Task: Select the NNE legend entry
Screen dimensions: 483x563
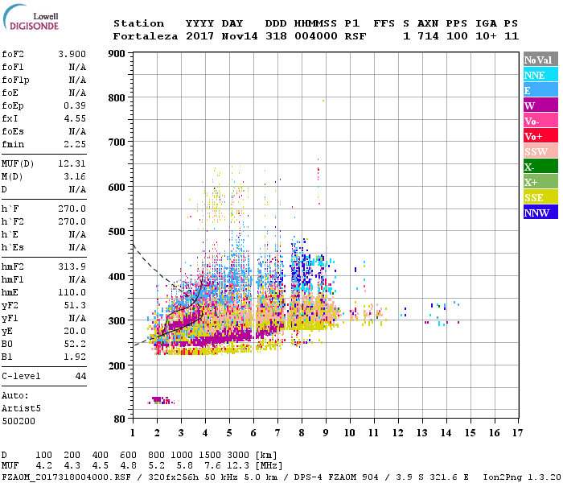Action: [540, 75]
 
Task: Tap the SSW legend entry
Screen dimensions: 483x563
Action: [540, 151]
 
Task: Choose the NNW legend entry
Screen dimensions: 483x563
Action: [540, 213]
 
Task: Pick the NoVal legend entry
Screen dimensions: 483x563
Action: [540, 60]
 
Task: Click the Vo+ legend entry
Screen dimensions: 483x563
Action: [540, 136]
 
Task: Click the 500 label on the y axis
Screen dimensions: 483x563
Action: [117, 232]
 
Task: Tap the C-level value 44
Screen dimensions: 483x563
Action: [80, 376]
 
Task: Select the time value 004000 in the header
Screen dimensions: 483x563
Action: [309, 36]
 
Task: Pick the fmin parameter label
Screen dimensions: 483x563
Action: [14, 144]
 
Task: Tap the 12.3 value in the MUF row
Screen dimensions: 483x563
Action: [237, 465]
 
